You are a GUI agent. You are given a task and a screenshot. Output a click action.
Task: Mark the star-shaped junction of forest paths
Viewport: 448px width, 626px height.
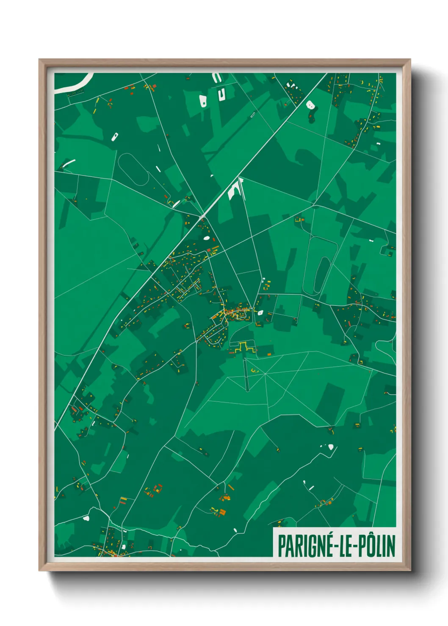pyautogui.click(x=265, y=374)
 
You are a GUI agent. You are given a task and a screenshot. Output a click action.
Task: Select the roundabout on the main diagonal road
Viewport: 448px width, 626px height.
pyautogui.click(x=203, y=217)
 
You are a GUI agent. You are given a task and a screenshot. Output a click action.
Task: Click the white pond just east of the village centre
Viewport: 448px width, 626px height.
pyautogui.click(x=260, y=313)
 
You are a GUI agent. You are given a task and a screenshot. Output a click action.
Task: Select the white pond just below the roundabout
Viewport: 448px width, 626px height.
pyautogui.click(x=206, y=238)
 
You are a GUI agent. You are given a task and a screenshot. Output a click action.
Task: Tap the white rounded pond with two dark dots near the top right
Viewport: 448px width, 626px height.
pyautogui.click(x=310, y=105)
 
